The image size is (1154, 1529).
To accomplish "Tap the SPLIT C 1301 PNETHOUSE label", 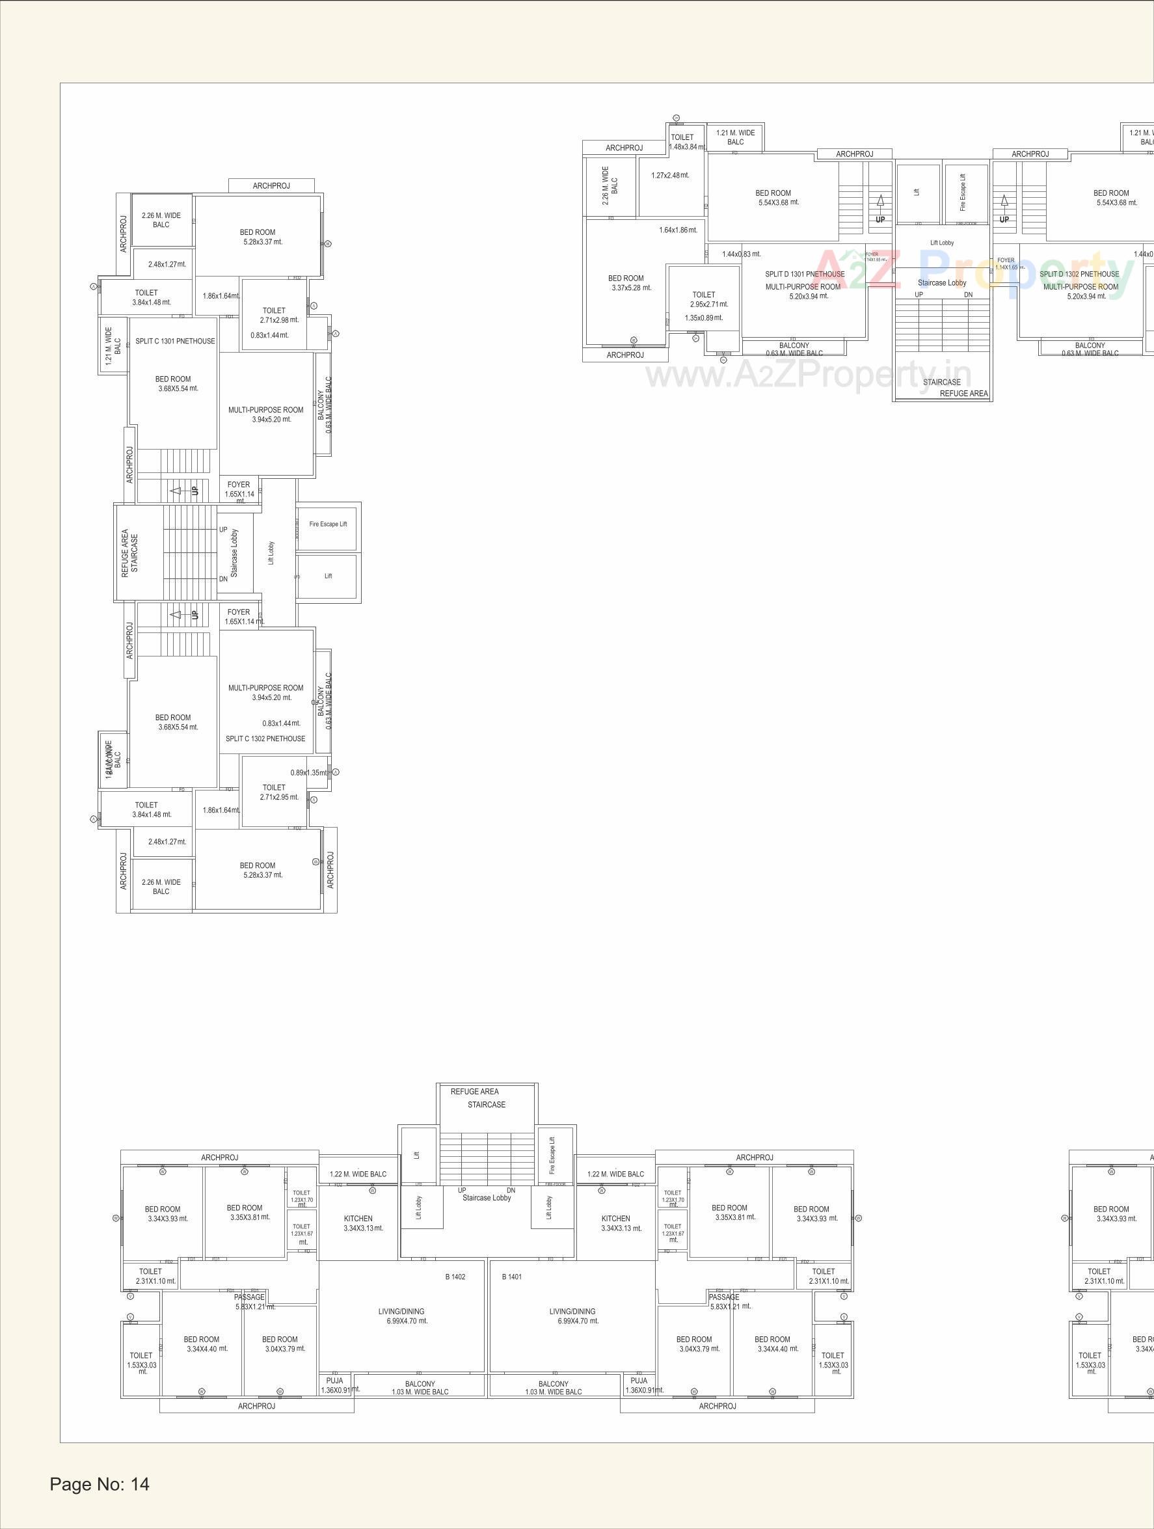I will tap(175, 341).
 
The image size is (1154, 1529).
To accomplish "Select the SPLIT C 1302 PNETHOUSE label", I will tap(265, 738).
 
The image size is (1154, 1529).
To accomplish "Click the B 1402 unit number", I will tap(455, 1277).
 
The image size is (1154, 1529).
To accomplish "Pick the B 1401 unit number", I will tap(511, 1277).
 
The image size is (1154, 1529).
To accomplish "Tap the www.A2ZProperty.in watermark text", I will tap(809, 375).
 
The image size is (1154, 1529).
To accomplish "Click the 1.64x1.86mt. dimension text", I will tap(678, 230).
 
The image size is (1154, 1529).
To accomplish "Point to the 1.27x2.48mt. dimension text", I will tap(669, 176).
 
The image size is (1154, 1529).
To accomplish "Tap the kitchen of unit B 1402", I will tap(358, 1223).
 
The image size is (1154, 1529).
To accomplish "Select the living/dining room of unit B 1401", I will tap(573, 1316).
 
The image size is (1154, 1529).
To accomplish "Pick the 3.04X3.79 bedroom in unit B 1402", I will tap(280, 1344).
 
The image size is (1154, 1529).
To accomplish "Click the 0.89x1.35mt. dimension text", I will tap(308, 773).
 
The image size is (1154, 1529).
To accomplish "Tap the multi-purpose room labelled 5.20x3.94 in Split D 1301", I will tap(803, 291).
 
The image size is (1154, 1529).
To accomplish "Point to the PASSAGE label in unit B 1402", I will tap(249, 1297).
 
